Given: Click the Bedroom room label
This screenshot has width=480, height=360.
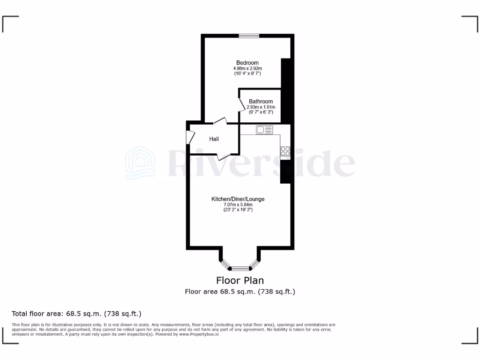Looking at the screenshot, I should (x=247, y=63).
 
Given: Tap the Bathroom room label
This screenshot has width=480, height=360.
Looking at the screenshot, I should (x=261, y=101).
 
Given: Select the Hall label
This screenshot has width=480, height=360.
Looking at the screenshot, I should (x=214, y=139).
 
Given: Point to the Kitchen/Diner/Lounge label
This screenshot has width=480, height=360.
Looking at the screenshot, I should (x=238, y=199).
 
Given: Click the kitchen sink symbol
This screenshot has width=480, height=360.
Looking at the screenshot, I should (x=261, y=130).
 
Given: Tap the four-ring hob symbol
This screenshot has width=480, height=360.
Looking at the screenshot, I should (x=285, y=151).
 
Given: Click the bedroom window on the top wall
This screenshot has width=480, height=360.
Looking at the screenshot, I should (x=248, y=36).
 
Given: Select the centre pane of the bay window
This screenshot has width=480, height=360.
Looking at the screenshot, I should (x=240, y=268).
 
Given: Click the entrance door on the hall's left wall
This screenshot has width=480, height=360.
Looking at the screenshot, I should (x=190, y=136).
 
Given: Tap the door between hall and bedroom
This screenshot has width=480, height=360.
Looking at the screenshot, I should (x=220, y=121).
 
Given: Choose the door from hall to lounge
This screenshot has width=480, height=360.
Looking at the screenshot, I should (x=224, y=156).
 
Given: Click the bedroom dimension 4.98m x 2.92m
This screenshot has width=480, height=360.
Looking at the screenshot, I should (x=247, y=68).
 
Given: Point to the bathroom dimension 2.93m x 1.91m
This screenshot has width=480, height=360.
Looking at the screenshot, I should (x=261, y=107).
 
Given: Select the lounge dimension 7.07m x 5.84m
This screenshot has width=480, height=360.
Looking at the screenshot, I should (x=238, y=205).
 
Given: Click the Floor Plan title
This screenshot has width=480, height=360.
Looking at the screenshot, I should (x=240, y=280).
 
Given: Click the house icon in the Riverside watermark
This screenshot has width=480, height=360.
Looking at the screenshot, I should (x=140, y=163).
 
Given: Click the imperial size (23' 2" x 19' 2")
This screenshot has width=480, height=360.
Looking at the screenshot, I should (x=238, y=210).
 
